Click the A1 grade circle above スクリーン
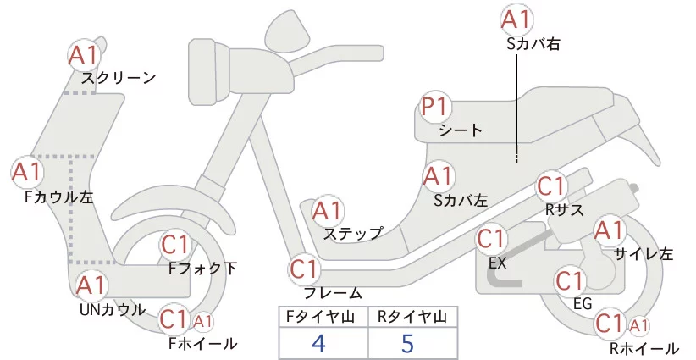[x=84, y=56]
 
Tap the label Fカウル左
[x=58, y=197]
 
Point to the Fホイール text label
[x=202, y=343]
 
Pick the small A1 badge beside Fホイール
[x=203, y=322]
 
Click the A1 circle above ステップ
[x=329, y=211]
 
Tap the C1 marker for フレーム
[x=306, y=271]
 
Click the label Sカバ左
[x=460, y=201]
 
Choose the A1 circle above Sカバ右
[x=516, y=19]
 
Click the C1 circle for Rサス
[x=551, y=186]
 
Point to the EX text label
[x=497, y=262]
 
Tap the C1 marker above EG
[x=571, y=281]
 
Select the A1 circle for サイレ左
[x=610, y=230]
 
